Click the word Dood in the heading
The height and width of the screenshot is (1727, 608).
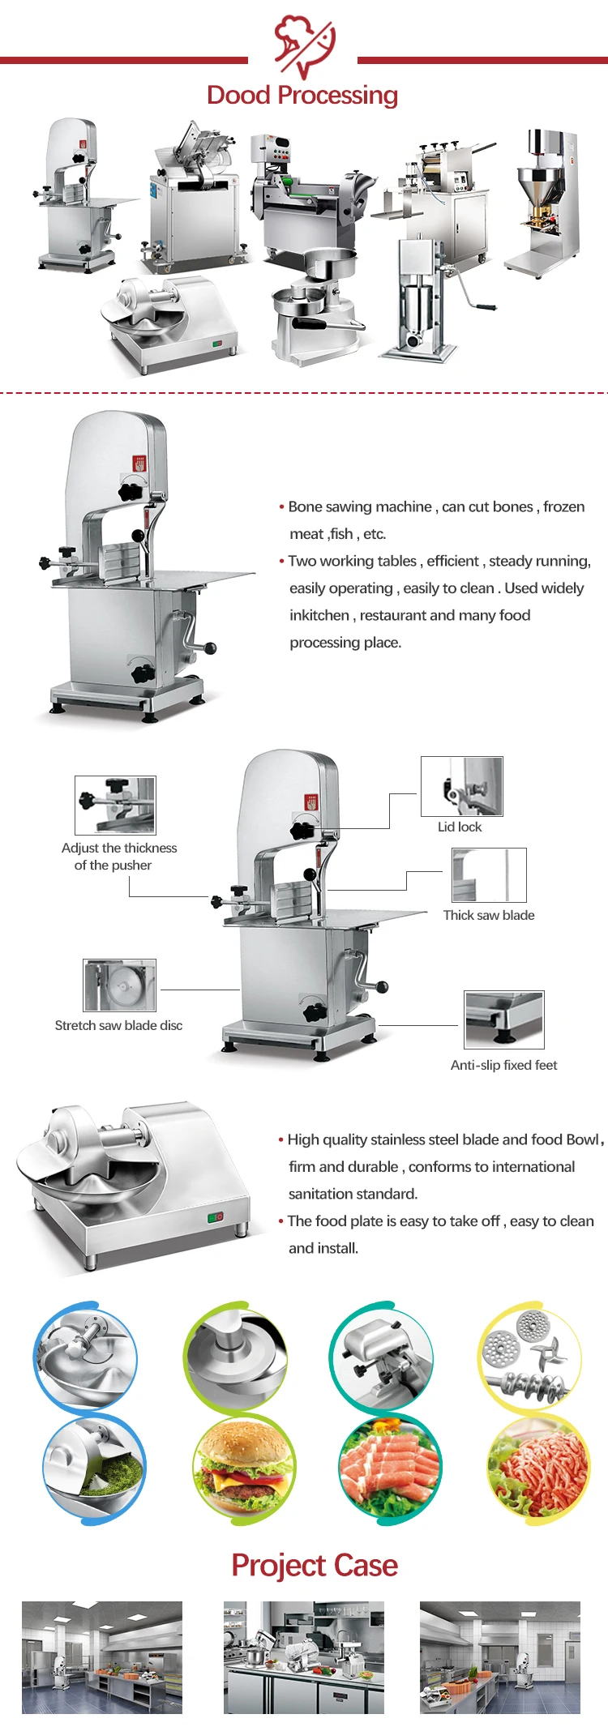point(238,96)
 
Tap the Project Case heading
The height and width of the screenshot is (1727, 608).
point(315,1565)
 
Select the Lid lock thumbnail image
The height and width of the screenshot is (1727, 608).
point(462,786)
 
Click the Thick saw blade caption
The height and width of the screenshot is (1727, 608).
point(489,915)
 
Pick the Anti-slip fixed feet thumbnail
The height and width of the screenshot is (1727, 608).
point(503,1020)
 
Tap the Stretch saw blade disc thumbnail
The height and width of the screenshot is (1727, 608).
point(119,985)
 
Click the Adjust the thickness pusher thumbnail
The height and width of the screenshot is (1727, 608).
point(115,806)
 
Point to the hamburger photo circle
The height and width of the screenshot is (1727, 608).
point(244,1468)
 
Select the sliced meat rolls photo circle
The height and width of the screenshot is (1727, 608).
point(391,1468)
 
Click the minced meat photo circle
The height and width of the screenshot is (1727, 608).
point(538,1468)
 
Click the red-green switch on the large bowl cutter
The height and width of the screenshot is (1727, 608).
point(215,1216)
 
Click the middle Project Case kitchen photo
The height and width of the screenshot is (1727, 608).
point(304,1657)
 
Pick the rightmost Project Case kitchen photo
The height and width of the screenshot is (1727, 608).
point(500,1657)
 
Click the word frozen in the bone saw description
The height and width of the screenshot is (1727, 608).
point(563,507)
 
